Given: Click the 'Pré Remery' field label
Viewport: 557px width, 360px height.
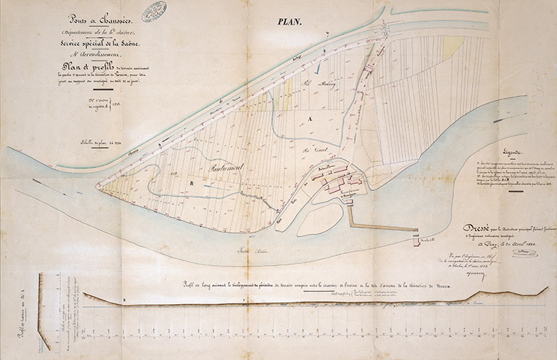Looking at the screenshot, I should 310,83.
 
